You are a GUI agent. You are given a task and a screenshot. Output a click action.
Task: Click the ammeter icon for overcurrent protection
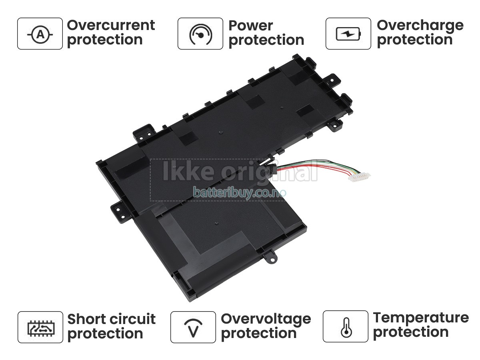[40, 34]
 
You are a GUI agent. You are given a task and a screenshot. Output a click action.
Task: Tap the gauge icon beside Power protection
[200, 34]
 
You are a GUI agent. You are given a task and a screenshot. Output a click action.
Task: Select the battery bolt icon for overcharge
[348, 34]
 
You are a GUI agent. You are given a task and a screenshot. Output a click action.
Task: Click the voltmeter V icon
[193, 328]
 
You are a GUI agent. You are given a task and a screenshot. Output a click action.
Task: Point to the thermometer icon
[346, 327]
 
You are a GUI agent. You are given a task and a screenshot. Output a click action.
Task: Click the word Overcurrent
[111, 25]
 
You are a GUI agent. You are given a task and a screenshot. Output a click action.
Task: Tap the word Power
[251, 26]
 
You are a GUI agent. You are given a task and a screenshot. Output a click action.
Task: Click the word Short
[86, 319]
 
